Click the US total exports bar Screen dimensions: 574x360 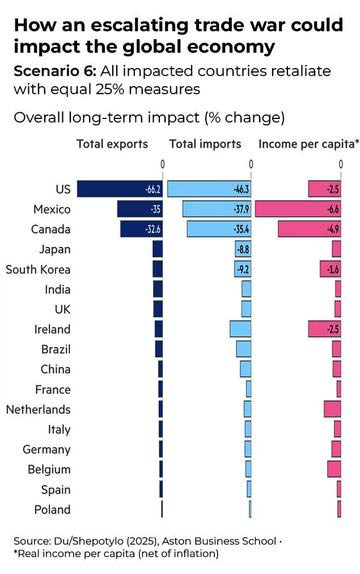click(x=119, y=189)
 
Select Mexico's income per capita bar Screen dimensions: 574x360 click(x=298, y=209)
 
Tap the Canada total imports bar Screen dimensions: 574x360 click(x=219, y=229)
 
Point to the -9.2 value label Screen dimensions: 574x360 click(x=242, y=269)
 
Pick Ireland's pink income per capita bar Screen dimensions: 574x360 click(x=324, y=329)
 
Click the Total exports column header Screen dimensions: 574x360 click(x=112, y=144)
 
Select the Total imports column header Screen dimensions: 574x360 click(x=205, y=144)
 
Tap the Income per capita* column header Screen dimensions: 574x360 click(x=309, y=144)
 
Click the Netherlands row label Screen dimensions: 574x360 click(x=38, y=409)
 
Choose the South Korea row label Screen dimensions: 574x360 click(x=38, y=269)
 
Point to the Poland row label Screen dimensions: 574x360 click(x=52, y=509)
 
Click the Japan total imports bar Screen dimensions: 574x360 click(x=243, y=249)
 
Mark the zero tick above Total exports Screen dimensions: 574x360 click(x=162, y=164)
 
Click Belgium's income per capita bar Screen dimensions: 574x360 click(x=334, y=469)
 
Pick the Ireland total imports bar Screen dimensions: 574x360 click(x=240, y=329)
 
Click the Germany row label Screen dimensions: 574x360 click(x=46, y=449)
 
